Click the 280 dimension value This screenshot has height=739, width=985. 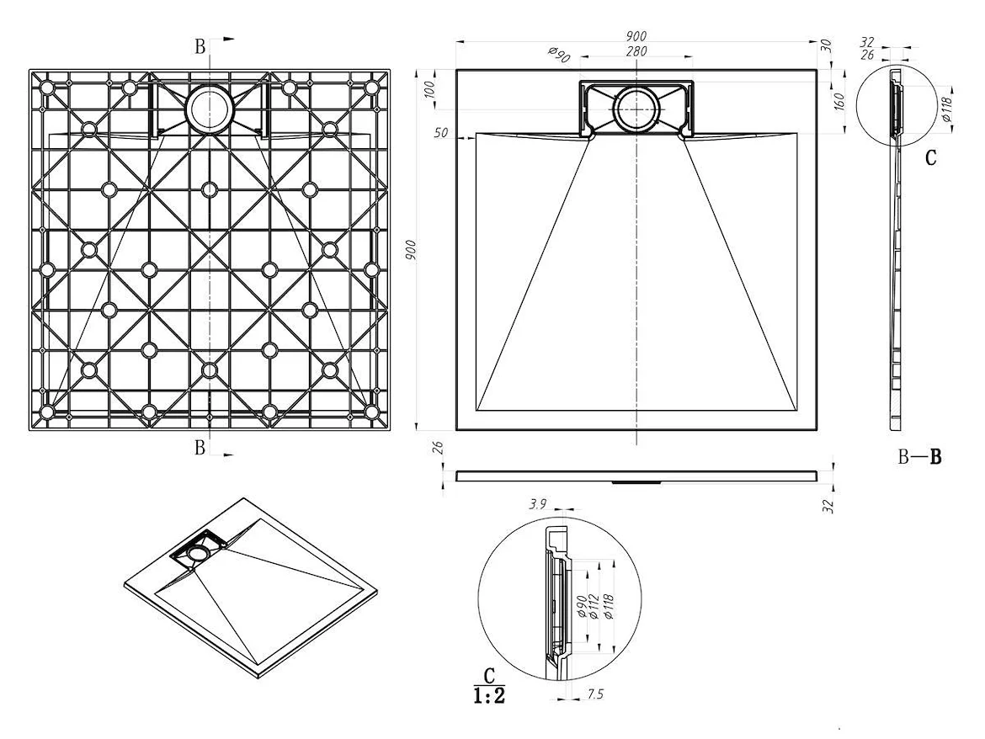[636, 52]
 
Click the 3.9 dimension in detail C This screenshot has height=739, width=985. [537, 505]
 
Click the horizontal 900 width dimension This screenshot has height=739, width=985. [636, 35]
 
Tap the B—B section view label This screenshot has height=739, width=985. [918, 458]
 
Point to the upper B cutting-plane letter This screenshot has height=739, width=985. [200, 46]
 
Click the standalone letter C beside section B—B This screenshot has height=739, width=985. [930, 157]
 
